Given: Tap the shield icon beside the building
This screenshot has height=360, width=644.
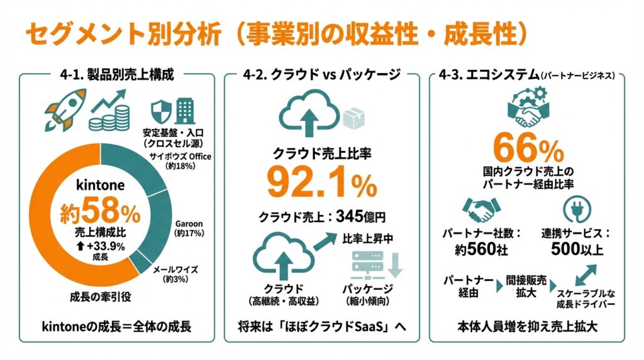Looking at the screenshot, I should [160, 112].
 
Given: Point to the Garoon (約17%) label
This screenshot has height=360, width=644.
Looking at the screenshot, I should [189, 227].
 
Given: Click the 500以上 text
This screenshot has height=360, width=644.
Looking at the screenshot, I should [577, 249].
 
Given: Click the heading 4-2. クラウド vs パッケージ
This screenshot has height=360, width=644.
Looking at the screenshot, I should [321, 76].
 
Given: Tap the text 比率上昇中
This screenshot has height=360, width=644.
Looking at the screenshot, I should [368, 239].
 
